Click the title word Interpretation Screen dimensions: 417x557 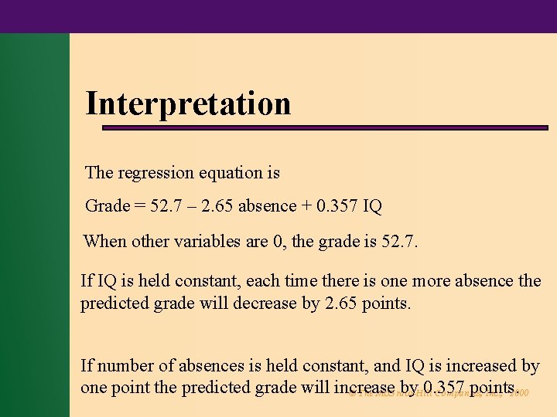188,103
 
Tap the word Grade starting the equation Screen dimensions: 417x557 106,206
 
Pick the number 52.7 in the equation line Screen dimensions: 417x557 162,206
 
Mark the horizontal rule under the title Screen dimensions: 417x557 418,127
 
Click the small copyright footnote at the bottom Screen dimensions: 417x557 437,394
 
